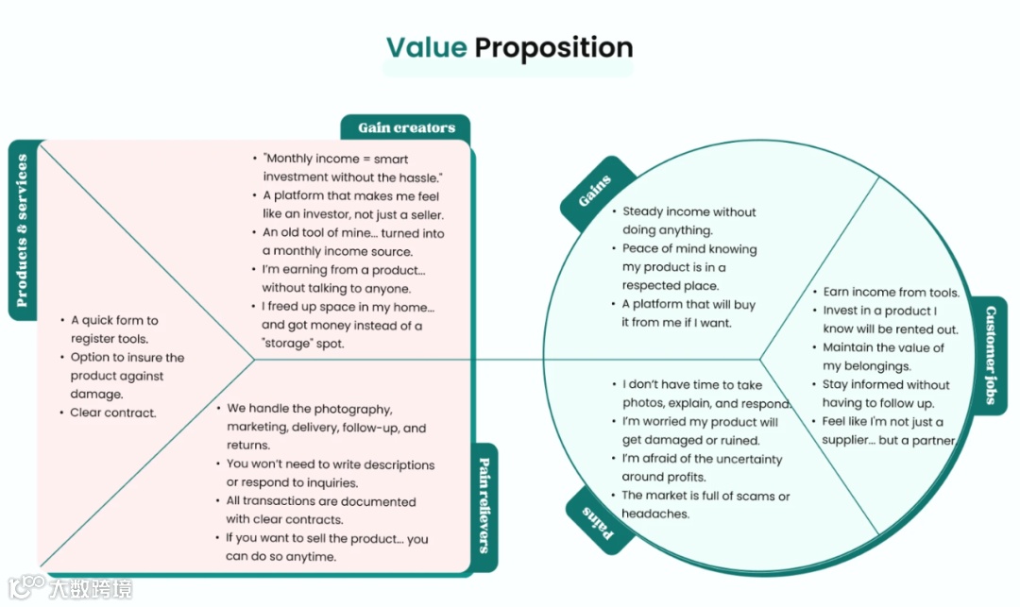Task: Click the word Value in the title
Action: [x=426, y=47]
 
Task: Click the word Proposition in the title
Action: [x=553, y=47]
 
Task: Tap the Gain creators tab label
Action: [x=406, y=128]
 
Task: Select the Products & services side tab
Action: [x=22, y=230]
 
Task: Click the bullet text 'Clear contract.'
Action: [x=113, y=413]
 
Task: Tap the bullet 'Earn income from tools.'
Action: [x=891, y=293]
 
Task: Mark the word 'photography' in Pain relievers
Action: [x=353, y=410]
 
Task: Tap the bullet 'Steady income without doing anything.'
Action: [x=688, y=221]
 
